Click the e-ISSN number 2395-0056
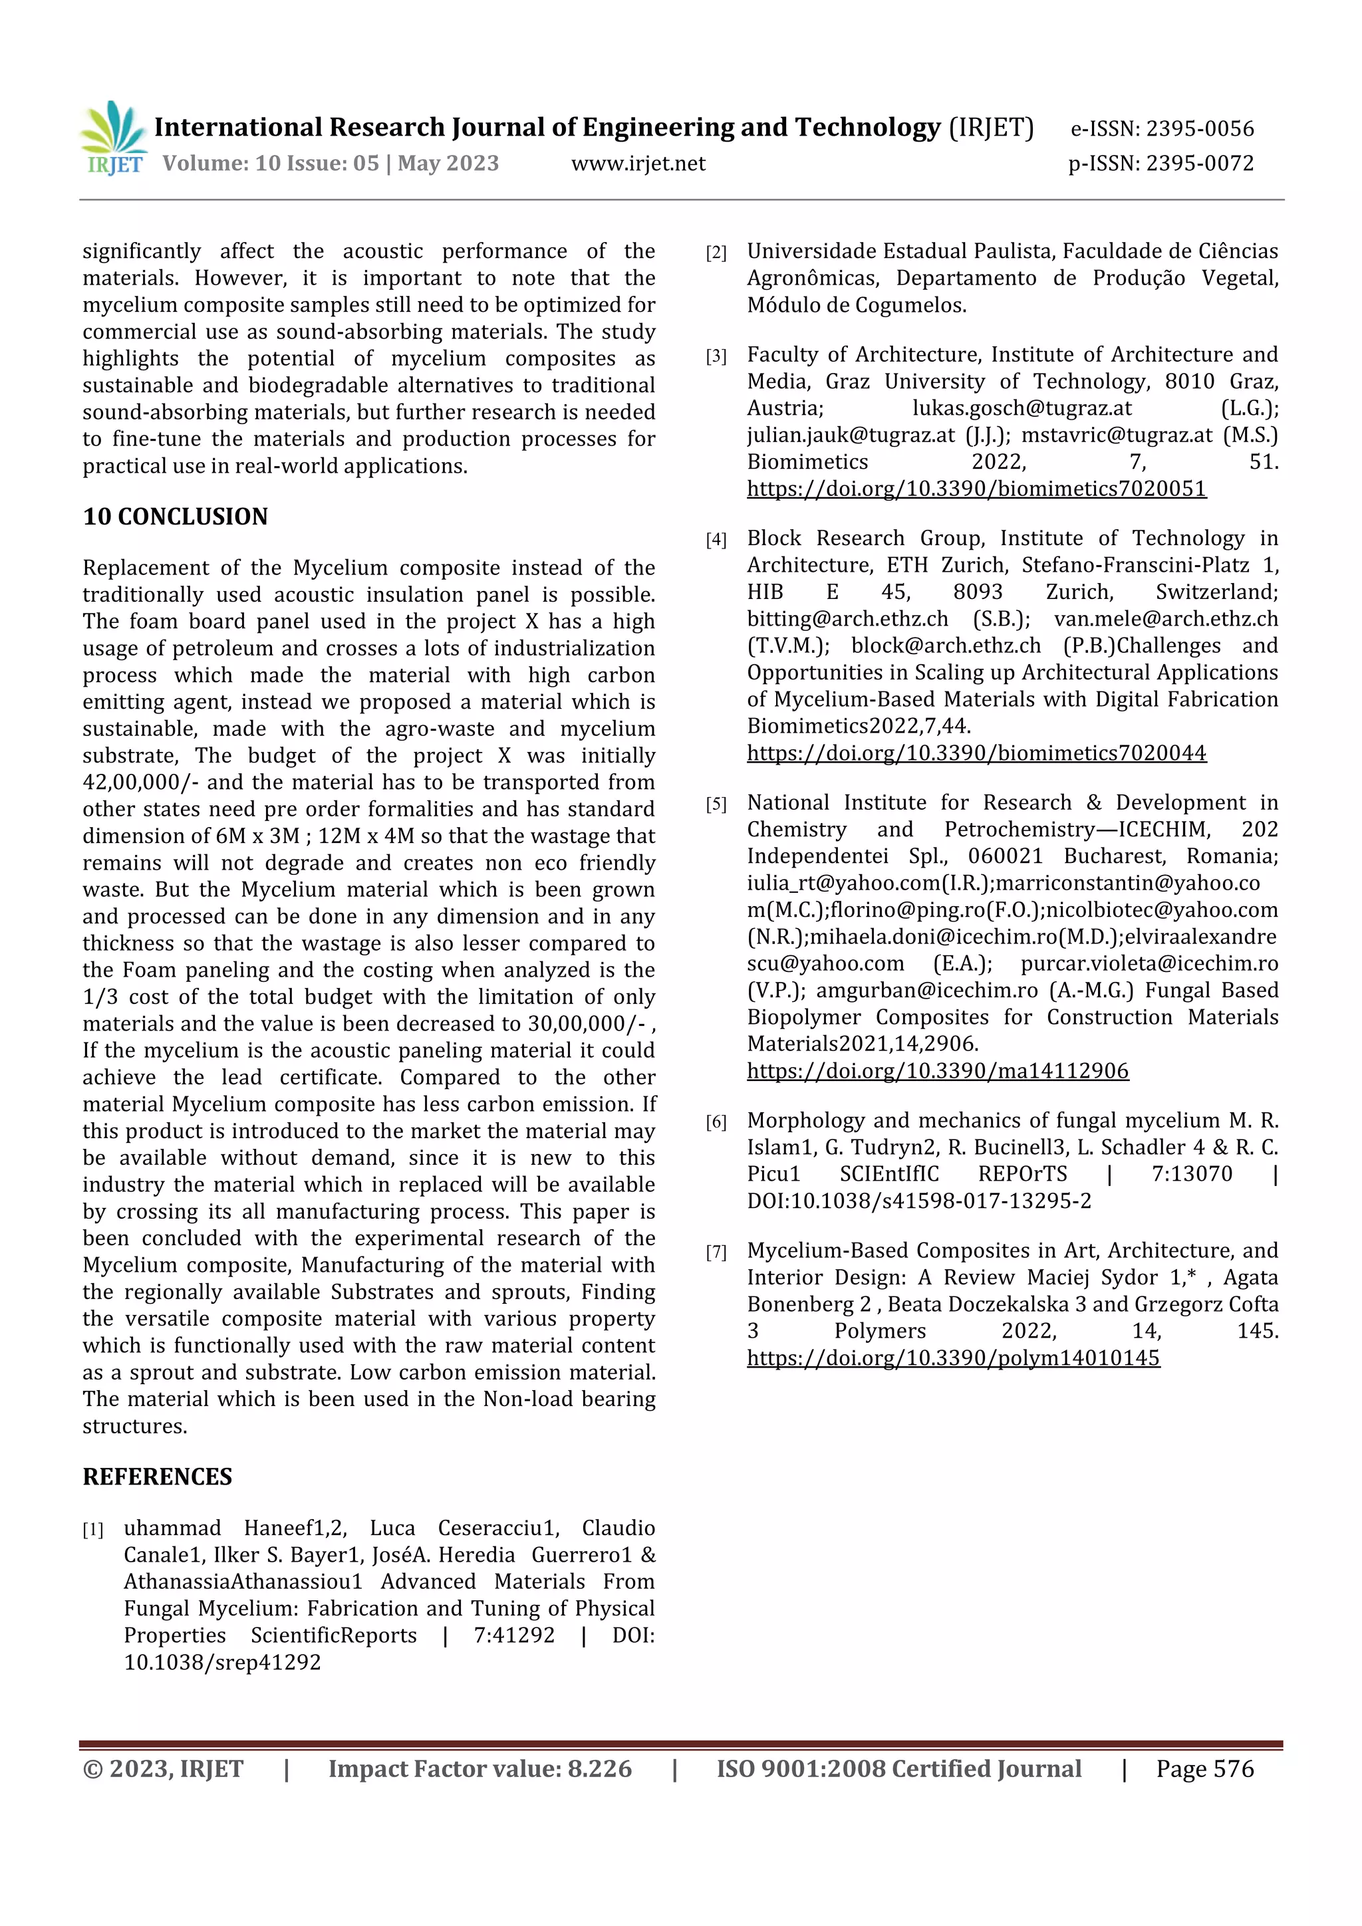coord(1199,128)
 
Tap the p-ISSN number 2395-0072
coord(1199,163)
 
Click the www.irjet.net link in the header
coord(638,163)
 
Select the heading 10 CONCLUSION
coord(176,516)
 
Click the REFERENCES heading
coord(157,1477)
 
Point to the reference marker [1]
coord(93,1529)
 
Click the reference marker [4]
coord(716,539)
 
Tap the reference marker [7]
coord(716,1252)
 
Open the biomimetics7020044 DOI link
coord(976,753)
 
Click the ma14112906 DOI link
coord(937,1070)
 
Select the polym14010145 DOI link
coord(953,1358)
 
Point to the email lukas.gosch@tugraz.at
coord(1021,408)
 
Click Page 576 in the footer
coord(1204,1768)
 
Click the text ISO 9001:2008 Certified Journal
coord(898,1768)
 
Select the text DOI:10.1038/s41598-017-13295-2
coord(919,1201)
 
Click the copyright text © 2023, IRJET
coord(163,1768)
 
